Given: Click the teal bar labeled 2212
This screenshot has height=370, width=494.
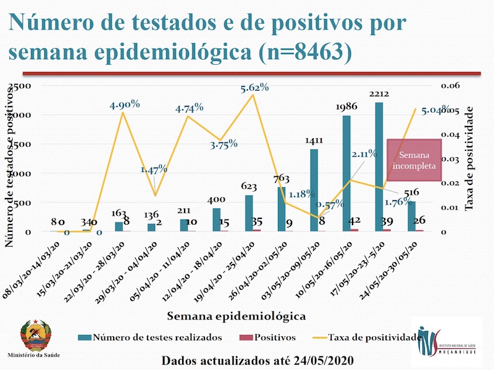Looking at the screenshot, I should point(379,166).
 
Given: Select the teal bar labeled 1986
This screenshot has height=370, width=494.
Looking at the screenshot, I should point(346,173).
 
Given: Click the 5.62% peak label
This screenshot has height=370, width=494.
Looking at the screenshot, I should point(254,88).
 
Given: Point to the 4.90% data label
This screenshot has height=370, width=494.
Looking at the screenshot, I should point(125,104).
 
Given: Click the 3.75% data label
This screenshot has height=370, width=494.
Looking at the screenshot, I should point(224,145).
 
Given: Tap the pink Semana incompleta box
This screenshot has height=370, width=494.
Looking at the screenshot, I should point(414,160).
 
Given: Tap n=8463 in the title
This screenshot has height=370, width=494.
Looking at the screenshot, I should point(300,52).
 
